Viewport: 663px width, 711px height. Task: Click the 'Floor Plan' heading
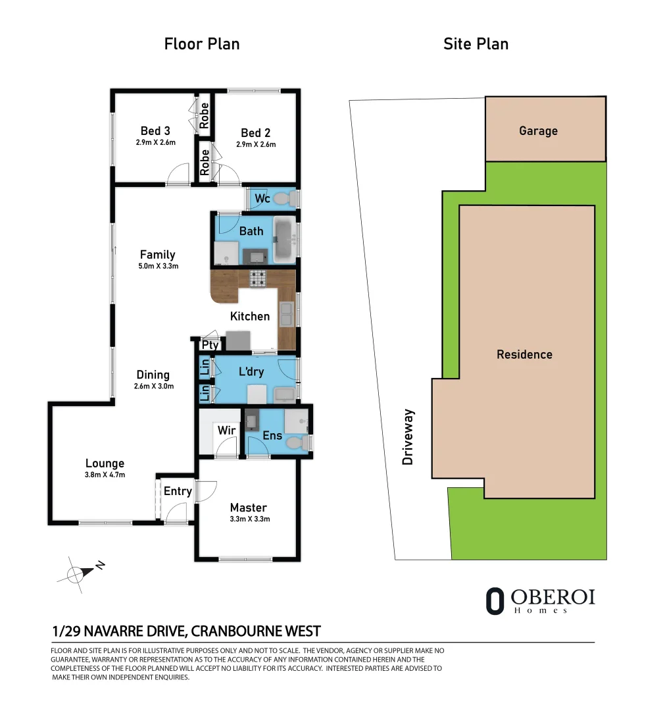[x=201, y=44]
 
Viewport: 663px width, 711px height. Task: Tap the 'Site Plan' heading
[x=476, y=44]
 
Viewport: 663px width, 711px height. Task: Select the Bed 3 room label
[x=155, y=131]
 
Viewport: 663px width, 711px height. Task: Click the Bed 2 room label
[x=255, y=132]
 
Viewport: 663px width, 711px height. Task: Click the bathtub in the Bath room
[x=284, y=240]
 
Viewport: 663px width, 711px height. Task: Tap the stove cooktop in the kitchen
[x=257, y=278]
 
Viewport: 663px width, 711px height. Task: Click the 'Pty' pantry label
[x=210, y=345]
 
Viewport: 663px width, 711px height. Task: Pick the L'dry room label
[x=251, y=372]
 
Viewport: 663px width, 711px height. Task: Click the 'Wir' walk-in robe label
[x=226, y=431]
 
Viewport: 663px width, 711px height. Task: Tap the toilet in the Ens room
[x=302, y=444]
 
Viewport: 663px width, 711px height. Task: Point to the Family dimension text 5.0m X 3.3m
[x=157, y=267]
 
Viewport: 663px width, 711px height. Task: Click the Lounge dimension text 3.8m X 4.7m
[x=104, y=475]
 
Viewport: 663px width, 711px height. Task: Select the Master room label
[x=248, y=508]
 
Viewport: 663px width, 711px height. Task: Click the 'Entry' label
[x=178, y=491]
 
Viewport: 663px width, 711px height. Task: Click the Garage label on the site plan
[x=538, y=131]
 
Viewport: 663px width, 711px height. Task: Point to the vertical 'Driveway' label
[x=408, y=437]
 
